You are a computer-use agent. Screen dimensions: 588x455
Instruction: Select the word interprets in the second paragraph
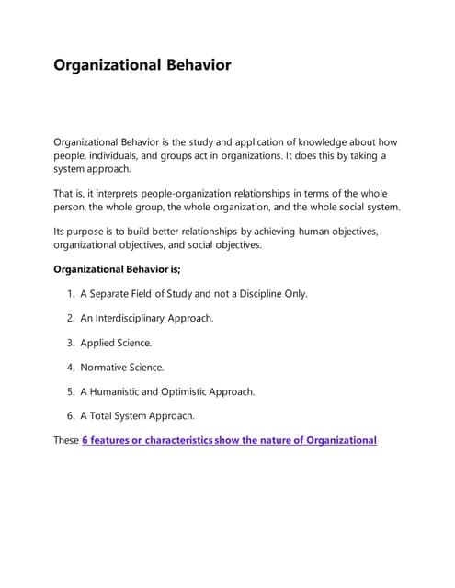point(128,194)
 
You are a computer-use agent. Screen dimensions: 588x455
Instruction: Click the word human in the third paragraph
point(304,232)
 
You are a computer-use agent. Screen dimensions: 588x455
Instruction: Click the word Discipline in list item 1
point(256,294)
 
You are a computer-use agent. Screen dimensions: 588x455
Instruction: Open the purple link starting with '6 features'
point(229,440)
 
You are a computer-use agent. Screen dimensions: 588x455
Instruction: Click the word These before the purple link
point(66,440)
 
